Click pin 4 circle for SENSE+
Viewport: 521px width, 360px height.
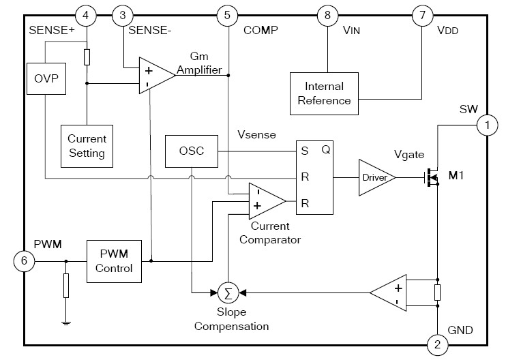pyautogui.click(x=85, y=14)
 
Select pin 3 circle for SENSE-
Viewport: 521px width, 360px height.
pyautogui.click(x=122, y=14)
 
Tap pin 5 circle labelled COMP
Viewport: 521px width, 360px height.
pyautogui.click(x=226, y=14)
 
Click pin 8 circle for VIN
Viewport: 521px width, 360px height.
pyautogui.click(x=328, y=14)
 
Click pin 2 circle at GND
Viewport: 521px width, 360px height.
pyautogui.click(x=436, y=346)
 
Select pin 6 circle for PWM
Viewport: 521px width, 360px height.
pyautogui.click(x=23, y=261)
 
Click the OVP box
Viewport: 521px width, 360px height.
pyautogui.click(x=46, y=80)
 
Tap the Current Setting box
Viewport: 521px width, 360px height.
pyautogui.click(x=87, y=145)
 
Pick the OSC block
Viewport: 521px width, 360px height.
pyautogui.click(x=190, y=151)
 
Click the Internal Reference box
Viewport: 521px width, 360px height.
pyautogui.click(x=324, y=93)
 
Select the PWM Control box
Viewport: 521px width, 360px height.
pyautogui.click(x=114, y=260)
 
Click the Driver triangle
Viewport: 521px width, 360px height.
pyautogui.click(x=377, y=178)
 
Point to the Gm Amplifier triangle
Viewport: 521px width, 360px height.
pyautogui.click(x=154, y=75)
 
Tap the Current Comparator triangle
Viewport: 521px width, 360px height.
pyautogui.click(x=265, y=198)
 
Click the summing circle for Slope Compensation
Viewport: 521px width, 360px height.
pyautogui.click(x=227, y=292)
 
